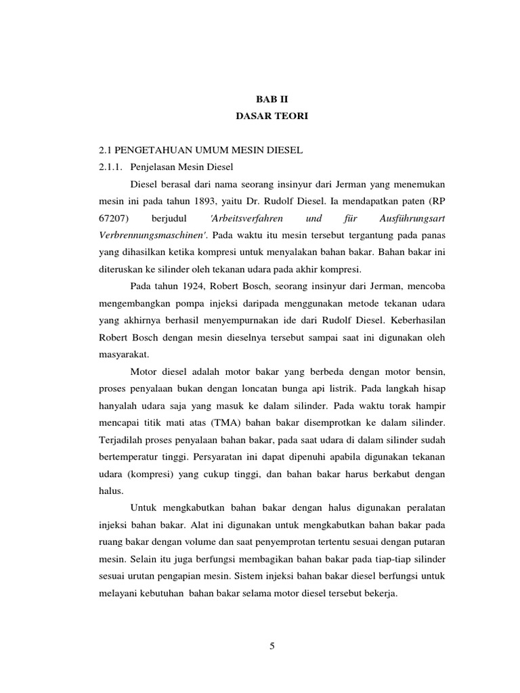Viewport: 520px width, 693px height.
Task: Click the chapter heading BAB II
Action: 272,99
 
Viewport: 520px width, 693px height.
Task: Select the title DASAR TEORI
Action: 272,116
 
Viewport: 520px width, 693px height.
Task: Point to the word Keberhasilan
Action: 416,319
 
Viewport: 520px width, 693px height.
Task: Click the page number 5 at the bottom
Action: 272,646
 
